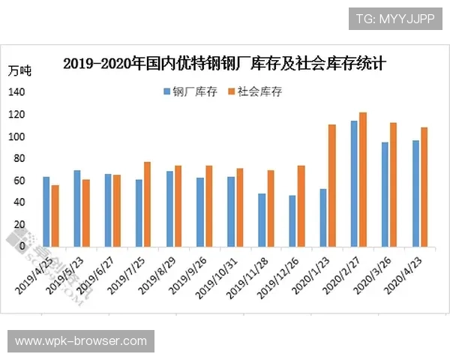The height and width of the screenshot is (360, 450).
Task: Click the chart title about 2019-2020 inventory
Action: pyautogui.click(x=224, y=63)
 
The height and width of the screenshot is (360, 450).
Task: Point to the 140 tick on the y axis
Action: pyautogui.click(x=16, y=92)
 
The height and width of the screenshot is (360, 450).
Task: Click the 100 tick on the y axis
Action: pyautogui.click(x=16, y=136)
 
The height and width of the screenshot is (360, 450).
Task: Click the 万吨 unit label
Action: pyautogui.click(x=19, y=71)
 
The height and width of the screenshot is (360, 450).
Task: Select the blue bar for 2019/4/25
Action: pyautogui.click(x=46, y=211)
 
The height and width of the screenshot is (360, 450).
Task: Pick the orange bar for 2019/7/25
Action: pyautogui.click(x=147, y=204)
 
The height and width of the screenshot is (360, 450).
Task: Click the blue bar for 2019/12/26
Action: pyautogui.click(x=292, y=220)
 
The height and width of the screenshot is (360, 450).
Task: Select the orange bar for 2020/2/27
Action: pyautogui.click(x=363, y=179)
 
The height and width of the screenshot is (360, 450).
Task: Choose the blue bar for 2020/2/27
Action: pyautogui.click(x=354, y=183)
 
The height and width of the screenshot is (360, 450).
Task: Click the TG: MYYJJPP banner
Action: pyautogui.click(x=395, y=17)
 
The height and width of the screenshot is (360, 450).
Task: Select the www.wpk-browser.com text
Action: pyautogui.click(x=81, y=341)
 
